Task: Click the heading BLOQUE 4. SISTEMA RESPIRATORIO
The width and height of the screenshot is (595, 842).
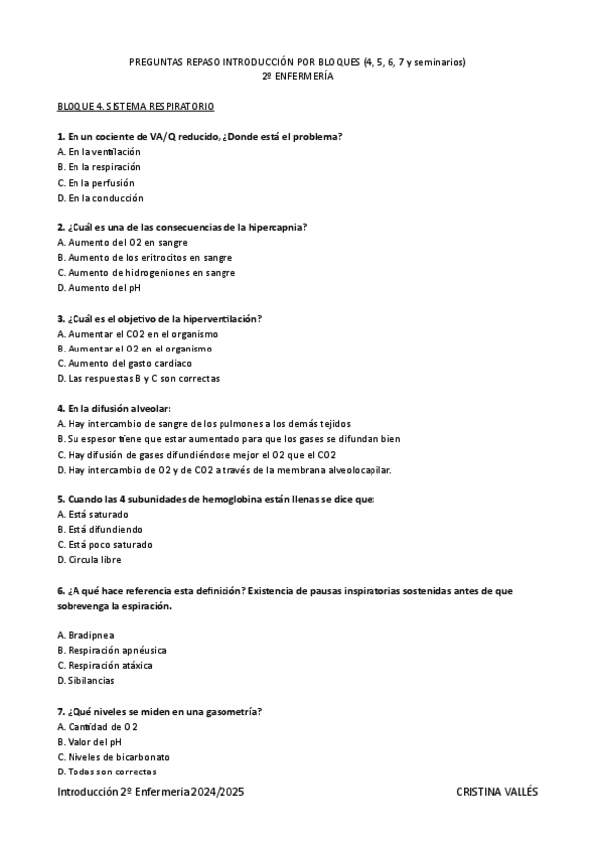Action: [x=135, y=105]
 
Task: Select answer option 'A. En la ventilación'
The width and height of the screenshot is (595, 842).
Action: [x=99, y=151]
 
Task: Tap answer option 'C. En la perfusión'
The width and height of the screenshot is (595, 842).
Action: [x=96, y=182]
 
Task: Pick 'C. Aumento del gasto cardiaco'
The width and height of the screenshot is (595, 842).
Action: [x=124, y=363]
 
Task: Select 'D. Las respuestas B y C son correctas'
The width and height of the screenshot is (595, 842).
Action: [x=138, y=378]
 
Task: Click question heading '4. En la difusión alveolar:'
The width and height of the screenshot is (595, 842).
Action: [x=114, y=408]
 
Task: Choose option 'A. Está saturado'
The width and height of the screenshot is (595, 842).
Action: [x=93, y=514]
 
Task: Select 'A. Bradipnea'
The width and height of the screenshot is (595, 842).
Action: [x=88, y=634]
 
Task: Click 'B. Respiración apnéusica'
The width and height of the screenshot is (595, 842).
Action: [x=110, y=650]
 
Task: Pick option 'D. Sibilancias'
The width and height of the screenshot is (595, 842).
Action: [x=86, y=680]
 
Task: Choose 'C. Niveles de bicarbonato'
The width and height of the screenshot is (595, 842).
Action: [x=114, y=756]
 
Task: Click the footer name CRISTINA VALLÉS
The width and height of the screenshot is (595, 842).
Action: [x=497, y=792]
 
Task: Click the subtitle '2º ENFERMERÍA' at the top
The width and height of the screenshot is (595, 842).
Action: [x=297, y=75]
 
